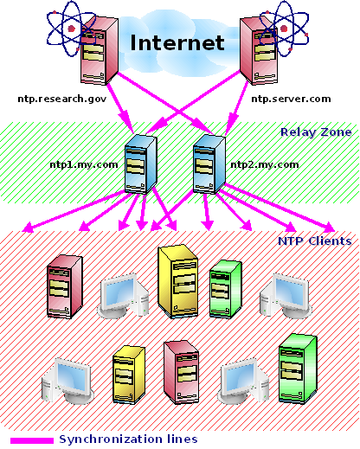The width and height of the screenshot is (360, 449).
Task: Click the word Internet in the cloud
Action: [x=177, y=42]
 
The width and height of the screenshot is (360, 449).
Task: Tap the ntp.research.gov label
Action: [x=62, y=99]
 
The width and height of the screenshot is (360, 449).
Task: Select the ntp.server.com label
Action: [x=291, y=99]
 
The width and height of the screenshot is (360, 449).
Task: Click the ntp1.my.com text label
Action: [x=84, y=165]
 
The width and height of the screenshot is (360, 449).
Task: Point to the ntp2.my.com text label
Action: [x=265, y=165]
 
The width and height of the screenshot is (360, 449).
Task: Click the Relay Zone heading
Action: [x=316, y=132]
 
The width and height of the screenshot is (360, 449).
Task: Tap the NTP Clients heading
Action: [x=315, y=241]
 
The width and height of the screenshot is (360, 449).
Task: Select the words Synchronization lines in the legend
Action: [x=128, y=439]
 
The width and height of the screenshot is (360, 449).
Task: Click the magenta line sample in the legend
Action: [x=32, y=440]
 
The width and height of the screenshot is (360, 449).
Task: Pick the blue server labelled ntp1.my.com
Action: [x=141, y=164]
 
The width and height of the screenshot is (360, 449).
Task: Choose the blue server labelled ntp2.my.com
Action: [x=209, y=164]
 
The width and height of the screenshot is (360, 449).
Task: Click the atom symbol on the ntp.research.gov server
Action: [x=71, y=29]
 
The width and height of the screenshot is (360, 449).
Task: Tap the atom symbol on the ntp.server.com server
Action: [x=284, y=29]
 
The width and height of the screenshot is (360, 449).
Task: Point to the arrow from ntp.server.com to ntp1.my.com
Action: [x=193, y=102]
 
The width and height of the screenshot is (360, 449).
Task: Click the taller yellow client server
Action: [x=178, y=281]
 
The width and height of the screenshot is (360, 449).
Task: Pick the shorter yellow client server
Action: [x=129, y=374]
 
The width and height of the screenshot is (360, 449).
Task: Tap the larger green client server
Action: [x=299, y=369]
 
